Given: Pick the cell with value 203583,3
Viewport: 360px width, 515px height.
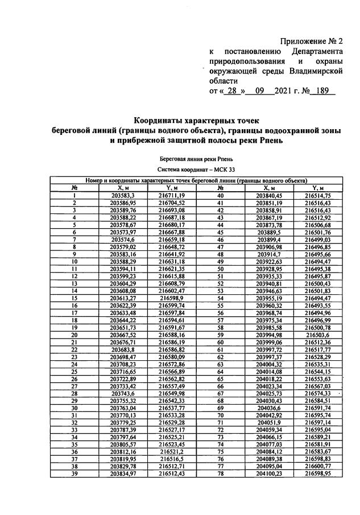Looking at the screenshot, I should (x=122, y=195).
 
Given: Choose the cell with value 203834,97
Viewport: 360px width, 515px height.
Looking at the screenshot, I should (x=122, y=473).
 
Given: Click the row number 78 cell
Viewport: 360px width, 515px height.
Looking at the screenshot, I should (x=220, y=473).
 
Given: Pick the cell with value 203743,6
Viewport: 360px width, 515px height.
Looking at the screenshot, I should (x=122, y=393).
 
